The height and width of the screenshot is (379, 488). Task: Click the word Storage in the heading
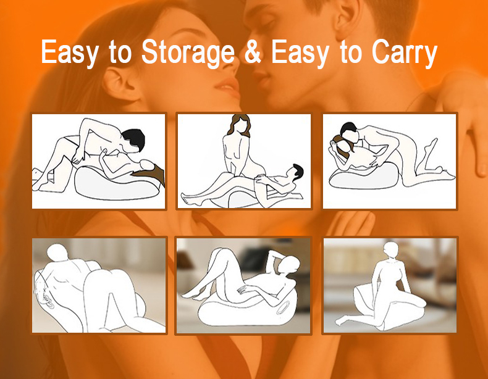point(188,52)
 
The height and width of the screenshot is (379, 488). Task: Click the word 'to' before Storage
point(120,52)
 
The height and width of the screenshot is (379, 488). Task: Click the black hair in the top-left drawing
point(134,138)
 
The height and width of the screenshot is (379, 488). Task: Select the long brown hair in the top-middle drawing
point(240,125)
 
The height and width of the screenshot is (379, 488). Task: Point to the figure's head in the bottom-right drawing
point(391,249)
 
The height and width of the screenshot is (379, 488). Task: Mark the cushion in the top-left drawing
point(115,184)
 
